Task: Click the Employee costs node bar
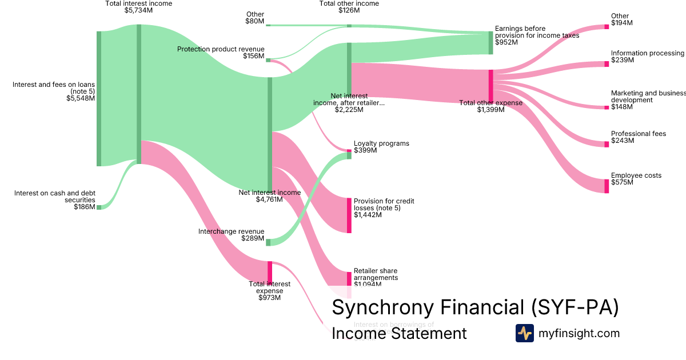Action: pos(607,186)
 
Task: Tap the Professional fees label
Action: pos(638,134)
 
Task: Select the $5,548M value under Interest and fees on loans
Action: pos(81,98)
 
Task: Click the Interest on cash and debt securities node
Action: pos(99,207)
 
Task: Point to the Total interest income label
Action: pos(138,3)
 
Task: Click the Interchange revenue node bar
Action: pos(268,242)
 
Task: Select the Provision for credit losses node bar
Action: pos(349,215)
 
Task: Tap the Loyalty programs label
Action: pos(381,143)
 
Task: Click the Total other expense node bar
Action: pos(490,85)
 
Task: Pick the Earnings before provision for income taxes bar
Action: pos(490,43)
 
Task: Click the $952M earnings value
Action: pos(506,42)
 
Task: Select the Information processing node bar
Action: pos(607,64)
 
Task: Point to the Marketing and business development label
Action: pos(648,96)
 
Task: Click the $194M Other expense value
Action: pos(622,23)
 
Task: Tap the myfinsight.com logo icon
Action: pos(524,333)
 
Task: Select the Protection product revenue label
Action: pos(221,49)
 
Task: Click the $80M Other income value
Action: pos(254,22)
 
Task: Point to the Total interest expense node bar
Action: pos(270,272)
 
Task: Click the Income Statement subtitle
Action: pos(399,333)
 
